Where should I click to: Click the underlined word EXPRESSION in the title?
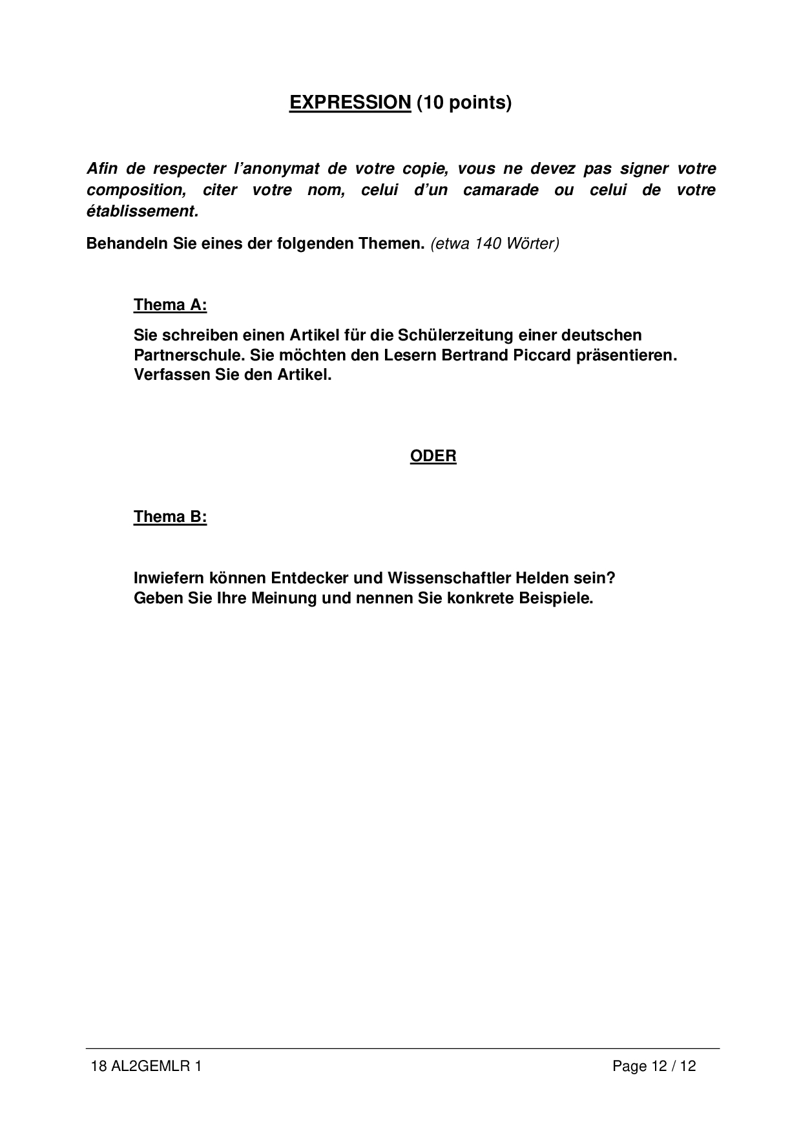click(350, 103)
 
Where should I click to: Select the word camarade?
click(501, 191)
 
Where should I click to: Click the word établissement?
click(141, 211)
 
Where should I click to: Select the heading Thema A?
click(170, 305)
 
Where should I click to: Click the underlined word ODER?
click(433, 456)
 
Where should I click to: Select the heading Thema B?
click(170, 517)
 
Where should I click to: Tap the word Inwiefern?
click(169, 577)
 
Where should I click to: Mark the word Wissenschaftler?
click(448, 577)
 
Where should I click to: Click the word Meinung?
click(284, 598)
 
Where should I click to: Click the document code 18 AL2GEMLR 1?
click(147, 1066)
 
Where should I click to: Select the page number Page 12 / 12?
click(654, 1066)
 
